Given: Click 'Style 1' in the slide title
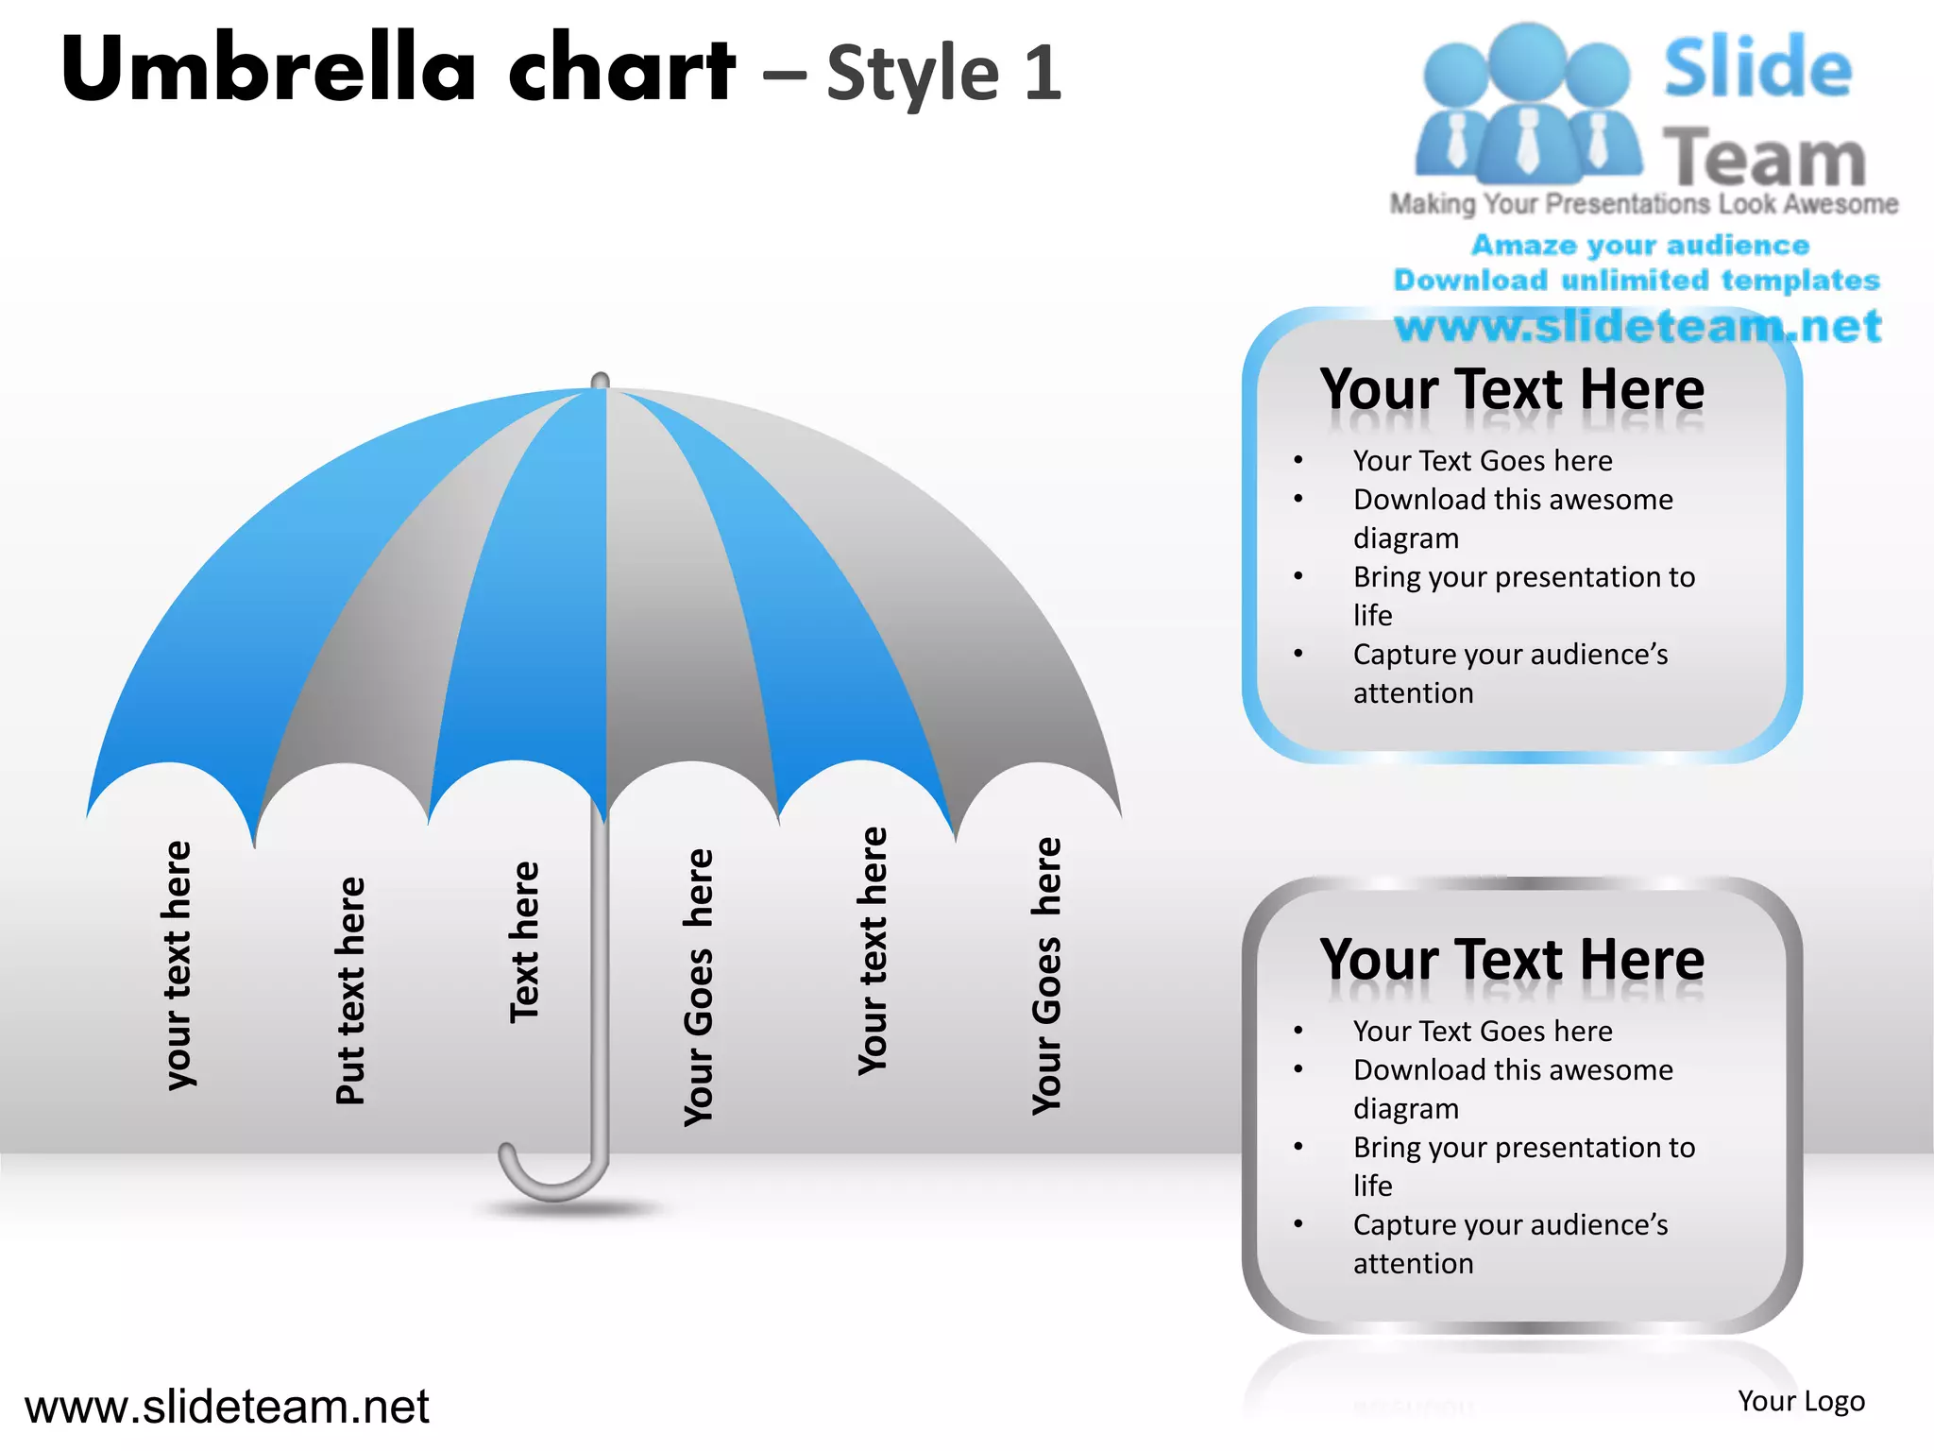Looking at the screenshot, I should point(943,73).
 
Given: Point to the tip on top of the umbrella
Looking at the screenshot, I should point(601,380).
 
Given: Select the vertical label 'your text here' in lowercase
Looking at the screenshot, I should point(178,964).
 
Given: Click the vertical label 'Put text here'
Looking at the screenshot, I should point(350,990).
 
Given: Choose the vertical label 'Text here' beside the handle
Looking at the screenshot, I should point(524,942).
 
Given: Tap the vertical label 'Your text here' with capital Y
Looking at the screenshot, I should point(873,950).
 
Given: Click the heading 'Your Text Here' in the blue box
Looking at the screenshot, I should point(1512,389).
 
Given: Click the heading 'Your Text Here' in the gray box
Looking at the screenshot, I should point(1512,960).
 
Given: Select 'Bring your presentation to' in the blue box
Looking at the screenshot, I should point(1523,576).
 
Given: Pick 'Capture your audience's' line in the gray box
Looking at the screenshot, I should point(1510,1224).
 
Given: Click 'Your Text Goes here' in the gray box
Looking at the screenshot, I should point(1483,1031).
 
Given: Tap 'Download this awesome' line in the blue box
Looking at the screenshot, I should point(1513,499).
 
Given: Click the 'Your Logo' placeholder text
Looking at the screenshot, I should point(1801,1401).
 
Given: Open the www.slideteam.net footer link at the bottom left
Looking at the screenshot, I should point(227,1407).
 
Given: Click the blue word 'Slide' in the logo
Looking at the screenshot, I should point(1757,68).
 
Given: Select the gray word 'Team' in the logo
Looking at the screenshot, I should point(1764,157).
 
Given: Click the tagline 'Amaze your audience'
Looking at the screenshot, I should point(1640,245).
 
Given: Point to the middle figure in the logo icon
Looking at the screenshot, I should point(1527,104).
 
